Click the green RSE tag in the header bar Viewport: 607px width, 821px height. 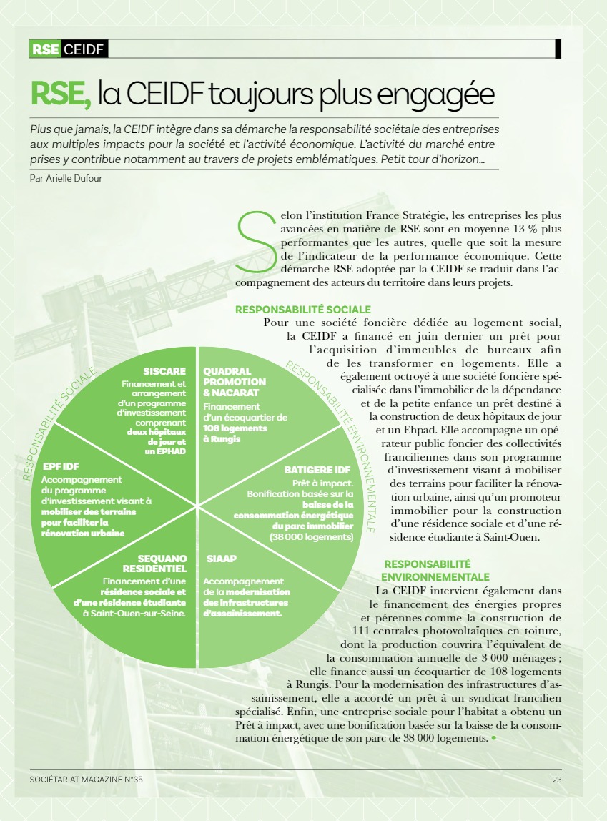(x=46, y=49)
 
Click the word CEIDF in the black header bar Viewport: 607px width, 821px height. (x=84, y=49)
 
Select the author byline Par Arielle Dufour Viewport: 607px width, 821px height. (x=66, y=178)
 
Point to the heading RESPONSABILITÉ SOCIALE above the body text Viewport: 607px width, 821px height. (x=302, y=310)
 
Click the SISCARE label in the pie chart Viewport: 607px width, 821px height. (x=164, y=371)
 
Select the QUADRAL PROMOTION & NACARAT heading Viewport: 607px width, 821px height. (x=233, y=382)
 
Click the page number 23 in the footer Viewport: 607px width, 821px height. (x=556, y=780)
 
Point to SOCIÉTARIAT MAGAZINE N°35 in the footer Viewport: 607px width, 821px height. (x=87, y=780)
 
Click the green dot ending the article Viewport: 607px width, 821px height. (x=493, y=737)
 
